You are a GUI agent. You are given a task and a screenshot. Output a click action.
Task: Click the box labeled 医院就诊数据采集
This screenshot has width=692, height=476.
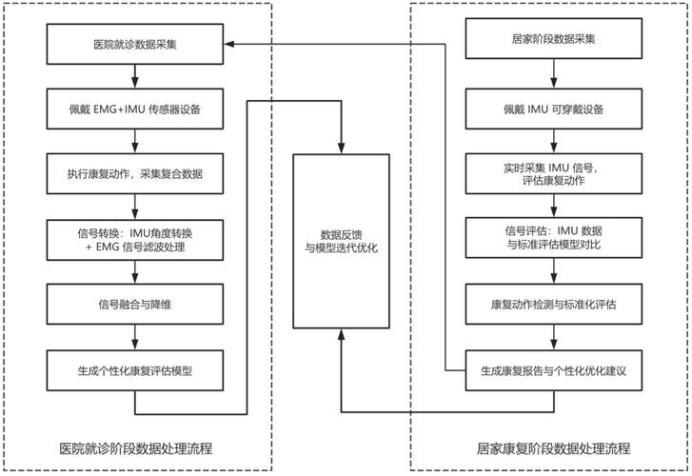coord(135,44)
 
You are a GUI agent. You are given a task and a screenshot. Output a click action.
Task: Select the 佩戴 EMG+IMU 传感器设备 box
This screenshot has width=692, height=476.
coord(135,109)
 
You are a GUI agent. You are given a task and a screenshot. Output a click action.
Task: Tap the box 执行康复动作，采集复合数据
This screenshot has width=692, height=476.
coord(135,173)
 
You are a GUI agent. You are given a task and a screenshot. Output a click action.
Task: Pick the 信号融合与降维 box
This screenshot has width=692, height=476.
coord(135,304)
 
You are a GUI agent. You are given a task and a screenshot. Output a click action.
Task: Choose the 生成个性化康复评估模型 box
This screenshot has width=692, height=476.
coord(135,370)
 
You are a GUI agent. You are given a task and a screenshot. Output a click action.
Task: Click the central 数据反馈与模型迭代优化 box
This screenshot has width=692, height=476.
coord(341,241)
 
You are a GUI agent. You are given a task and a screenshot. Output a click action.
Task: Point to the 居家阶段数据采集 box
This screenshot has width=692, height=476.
coord(554,38)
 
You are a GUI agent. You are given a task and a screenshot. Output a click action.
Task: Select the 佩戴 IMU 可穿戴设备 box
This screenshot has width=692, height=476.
coord(554,109)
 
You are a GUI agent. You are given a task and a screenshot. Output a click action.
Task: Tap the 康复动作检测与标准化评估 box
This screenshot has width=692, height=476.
coord(554,304)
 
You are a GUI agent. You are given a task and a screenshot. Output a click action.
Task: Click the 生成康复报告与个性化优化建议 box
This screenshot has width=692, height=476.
coord(554,370)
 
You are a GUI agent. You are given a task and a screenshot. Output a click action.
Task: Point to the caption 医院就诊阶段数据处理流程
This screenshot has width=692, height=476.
coord(136,448)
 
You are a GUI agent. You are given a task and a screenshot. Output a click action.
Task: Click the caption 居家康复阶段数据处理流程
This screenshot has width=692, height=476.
coord(553,448)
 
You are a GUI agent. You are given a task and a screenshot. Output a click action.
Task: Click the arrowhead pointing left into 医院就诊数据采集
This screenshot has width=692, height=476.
coord(229,44)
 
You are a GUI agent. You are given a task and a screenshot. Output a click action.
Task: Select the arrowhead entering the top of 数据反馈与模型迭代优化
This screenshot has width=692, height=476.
coord(341,149)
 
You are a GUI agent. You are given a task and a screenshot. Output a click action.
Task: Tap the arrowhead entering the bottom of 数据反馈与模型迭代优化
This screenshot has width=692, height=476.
coord(341,334)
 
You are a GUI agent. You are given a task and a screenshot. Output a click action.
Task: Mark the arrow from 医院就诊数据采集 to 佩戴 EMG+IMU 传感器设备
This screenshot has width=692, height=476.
coord(135,76)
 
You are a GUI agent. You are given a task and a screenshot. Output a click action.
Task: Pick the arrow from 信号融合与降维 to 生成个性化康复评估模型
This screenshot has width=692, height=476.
coord(135,337)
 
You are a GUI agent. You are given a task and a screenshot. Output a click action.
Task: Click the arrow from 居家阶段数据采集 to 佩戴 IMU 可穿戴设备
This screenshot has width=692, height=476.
coord(554,73)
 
